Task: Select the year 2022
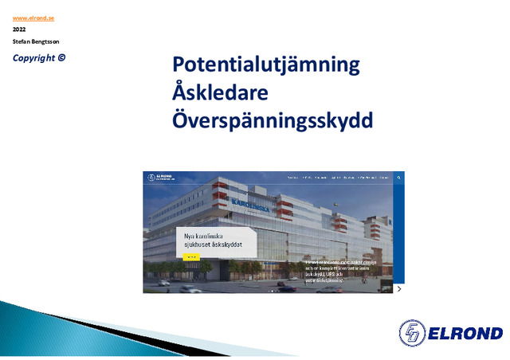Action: click(x=19, y=29)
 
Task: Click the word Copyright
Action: click(x=34, y=57)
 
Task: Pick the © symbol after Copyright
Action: click(x=62, y=57)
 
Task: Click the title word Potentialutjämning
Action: click(x=266, y=65)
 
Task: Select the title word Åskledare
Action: click(x=220, y=92)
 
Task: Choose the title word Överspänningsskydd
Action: click(x=273, y=120)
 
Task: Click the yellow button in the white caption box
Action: click(x=191, y=257)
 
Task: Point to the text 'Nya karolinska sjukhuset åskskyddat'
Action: click(x=213, y=241)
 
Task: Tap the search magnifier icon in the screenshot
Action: click(x=399, y=178)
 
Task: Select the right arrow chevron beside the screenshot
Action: click(x=399, y=288)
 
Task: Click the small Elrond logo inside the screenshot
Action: click(x=159, y=178)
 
